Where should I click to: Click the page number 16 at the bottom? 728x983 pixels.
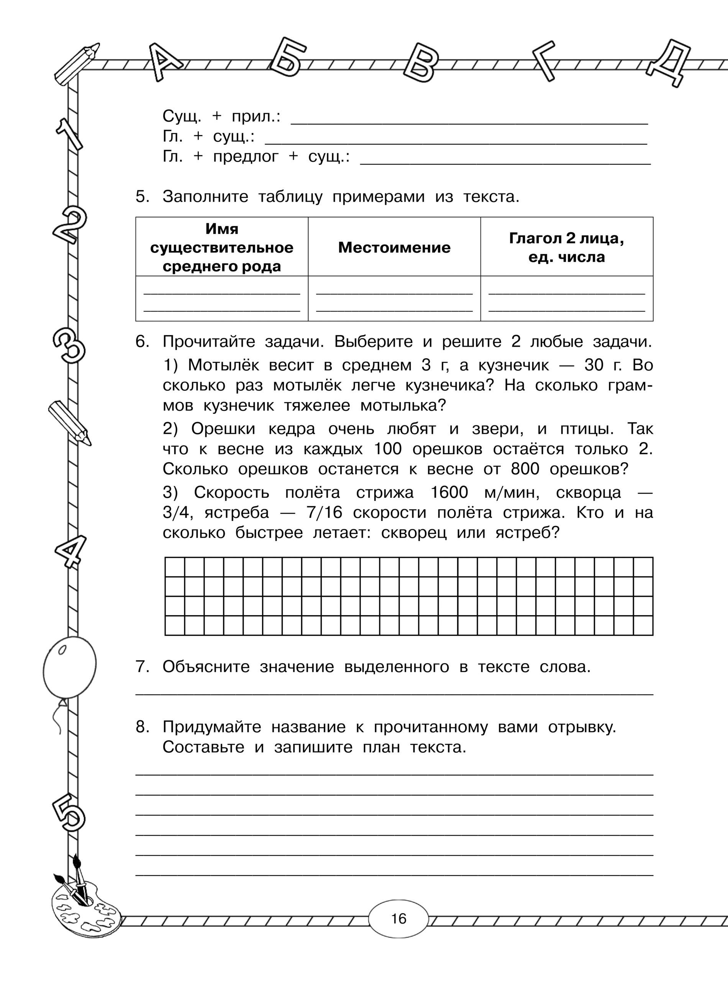pos(398,919)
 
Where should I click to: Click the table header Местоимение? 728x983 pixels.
pos(394,247)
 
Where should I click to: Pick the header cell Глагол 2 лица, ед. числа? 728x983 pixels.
pos(566,247)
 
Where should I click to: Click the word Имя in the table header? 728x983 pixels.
pos(222,229)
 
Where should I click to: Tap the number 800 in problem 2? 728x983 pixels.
pos(525,469)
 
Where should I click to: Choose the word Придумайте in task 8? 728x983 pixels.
pos(212,726)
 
